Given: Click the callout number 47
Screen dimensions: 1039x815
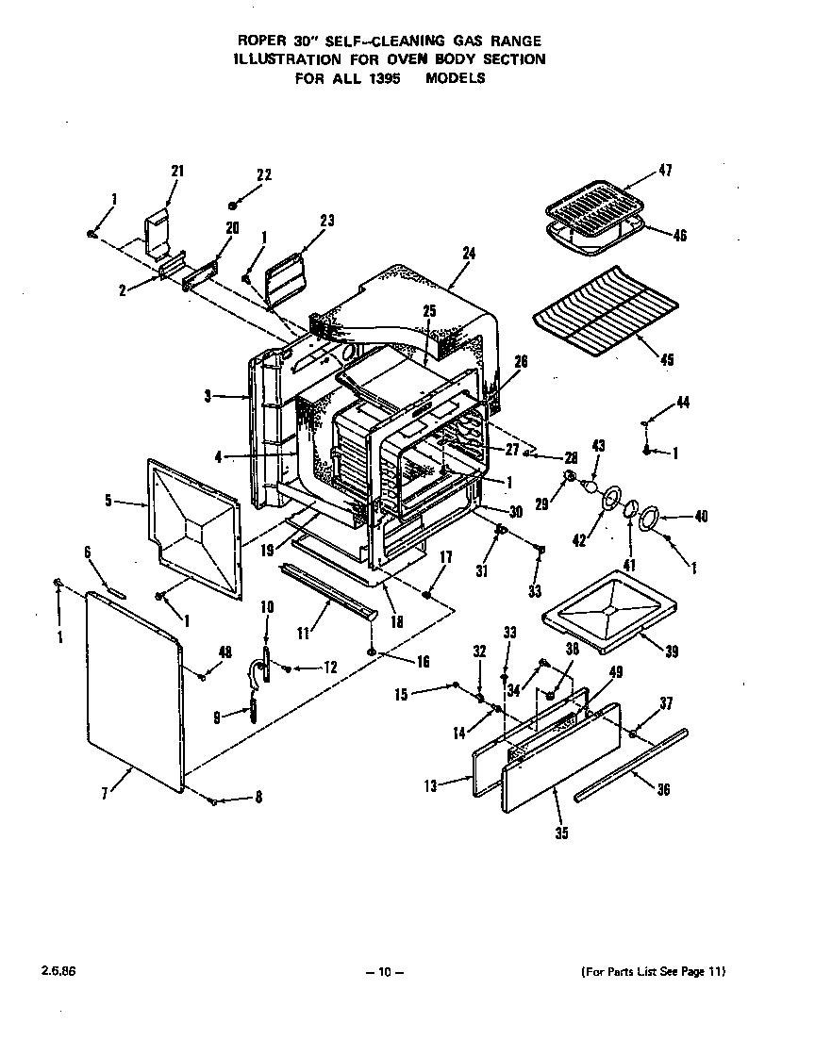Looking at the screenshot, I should pyautogui.click(x=665, y=171).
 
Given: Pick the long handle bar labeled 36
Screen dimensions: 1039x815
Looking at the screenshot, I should pyautogui.click(x=627, y=764).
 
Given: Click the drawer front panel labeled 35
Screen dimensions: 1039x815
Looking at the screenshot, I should pyautogui.click(x=560, y=759).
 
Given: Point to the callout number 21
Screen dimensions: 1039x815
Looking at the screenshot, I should pyautogui.click(x=176, y=171).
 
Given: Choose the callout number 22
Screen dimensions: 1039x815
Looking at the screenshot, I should pyautogui.click(x=264, y=174).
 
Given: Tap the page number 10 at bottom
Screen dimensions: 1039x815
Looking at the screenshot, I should pyautogui.click(x=385, y=972).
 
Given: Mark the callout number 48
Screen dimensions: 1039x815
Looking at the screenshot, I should pyautogui.click(x=225, y=652).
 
